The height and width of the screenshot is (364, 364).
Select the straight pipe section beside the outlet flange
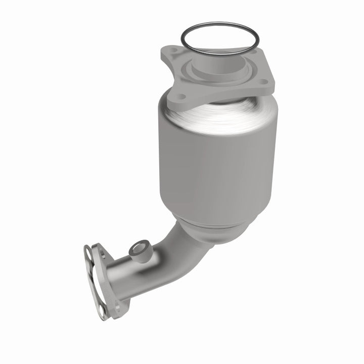coord(131,273)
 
